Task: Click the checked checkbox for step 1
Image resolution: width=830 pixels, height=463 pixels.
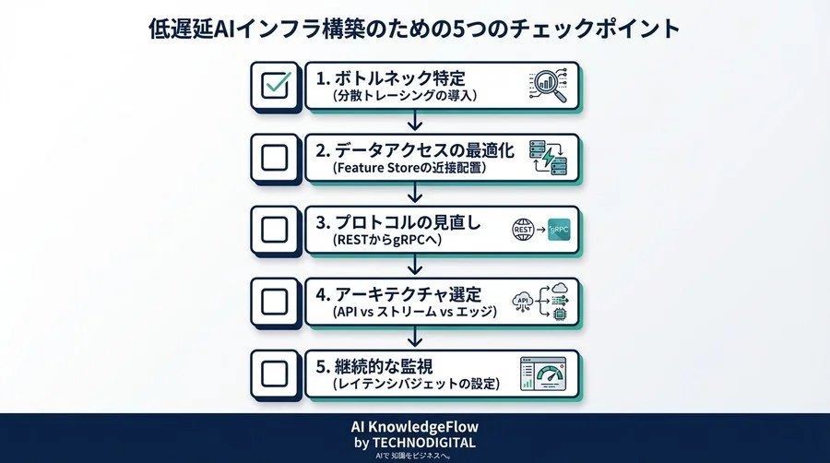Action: (x=275, y=86)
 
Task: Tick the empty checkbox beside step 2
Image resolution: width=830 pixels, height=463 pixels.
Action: (x=275, y=158)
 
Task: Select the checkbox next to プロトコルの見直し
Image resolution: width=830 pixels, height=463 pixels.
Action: (x=275, y=230)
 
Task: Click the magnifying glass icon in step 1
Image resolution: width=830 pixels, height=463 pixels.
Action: (x=547, y=86)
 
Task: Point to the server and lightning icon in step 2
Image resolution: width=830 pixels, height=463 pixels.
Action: (x=547, y=158)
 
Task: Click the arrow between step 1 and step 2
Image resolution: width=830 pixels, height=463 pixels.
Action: (x=415, y=122)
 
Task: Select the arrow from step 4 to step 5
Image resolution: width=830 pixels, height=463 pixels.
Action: (x=415, y=338)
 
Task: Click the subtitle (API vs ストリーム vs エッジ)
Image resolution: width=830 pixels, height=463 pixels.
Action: (x=414, y=313)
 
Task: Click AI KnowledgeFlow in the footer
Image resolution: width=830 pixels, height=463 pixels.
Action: (x=415, y=427)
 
